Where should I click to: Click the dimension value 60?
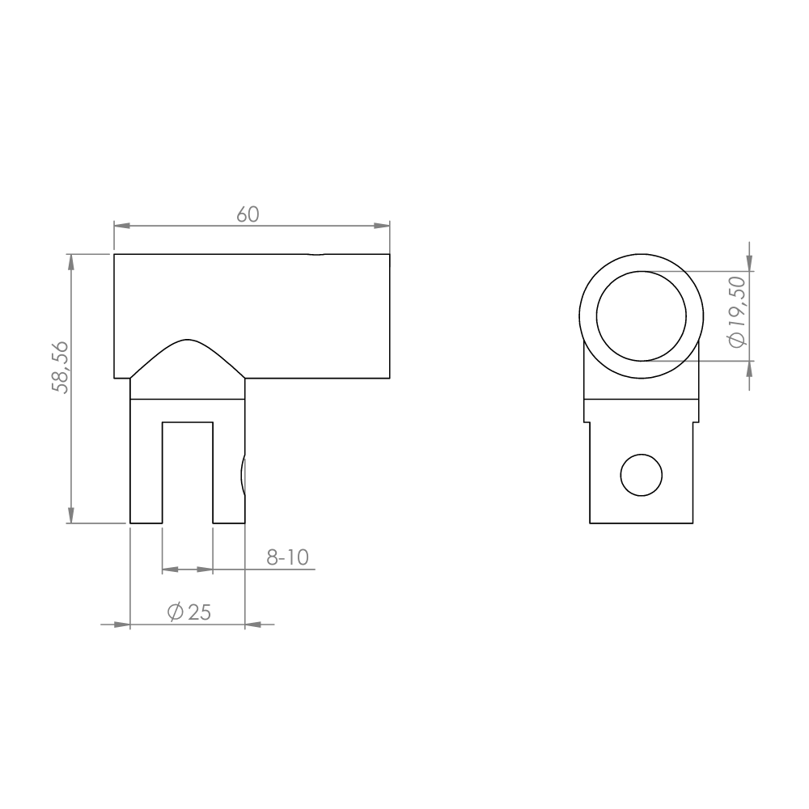tap(248, 214)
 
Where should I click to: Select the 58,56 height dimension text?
tap(61, 367)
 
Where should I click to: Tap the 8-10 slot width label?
tap(287, 557)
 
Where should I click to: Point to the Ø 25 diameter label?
tap(188, 612)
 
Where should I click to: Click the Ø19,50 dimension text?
tap(737, 311)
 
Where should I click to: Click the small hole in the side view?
tap(641, 475)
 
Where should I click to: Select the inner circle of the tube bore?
tap(642, 271)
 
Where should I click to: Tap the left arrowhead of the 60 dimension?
tap(122, 226)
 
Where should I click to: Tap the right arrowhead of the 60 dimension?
tap(382, 226)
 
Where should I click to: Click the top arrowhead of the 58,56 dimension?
tap(70, 262)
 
